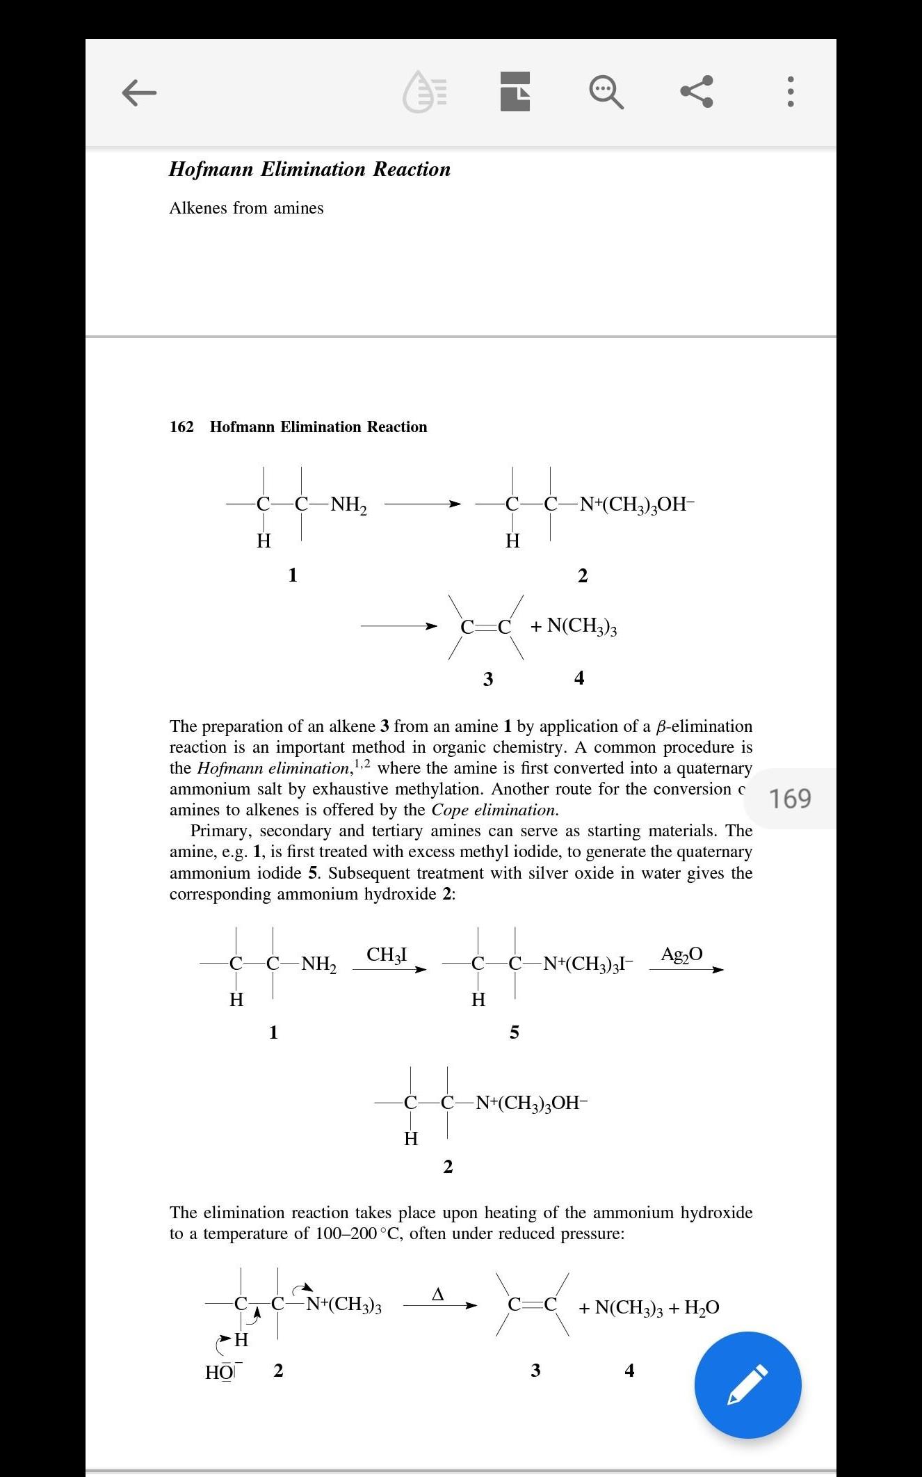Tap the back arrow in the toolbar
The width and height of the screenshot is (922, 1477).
click(139, 92)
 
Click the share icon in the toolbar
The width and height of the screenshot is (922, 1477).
click(697, 91)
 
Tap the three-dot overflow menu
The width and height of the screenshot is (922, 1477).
click(790, 91)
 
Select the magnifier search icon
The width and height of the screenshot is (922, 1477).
click(606, 92)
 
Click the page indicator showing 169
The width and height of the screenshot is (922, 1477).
click(790, 799)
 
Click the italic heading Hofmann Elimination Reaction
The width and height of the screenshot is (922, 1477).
click(309, 169)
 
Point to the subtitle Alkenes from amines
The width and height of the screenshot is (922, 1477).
click(246, 208)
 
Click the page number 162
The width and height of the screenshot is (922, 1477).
click(181, 426)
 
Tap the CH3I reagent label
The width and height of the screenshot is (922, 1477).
click(387, 955)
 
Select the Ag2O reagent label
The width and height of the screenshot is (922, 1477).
click(681, 954)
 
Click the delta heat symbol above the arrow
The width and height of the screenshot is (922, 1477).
click(437, 1294)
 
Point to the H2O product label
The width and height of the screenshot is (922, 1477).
click(702, 1307)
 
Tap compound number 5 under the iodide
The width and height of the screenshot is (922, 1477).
click(514, 1032)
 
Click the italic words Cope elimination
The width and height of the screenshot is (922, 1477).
click(494, 810)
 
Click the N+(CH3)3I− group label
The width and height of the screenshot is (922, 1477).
click(588, 964)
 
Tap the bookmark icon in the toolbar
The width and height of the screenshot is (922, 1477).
click(515, 92)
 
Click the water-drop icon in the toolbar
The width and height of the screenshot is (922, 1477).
click(425, 92)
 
